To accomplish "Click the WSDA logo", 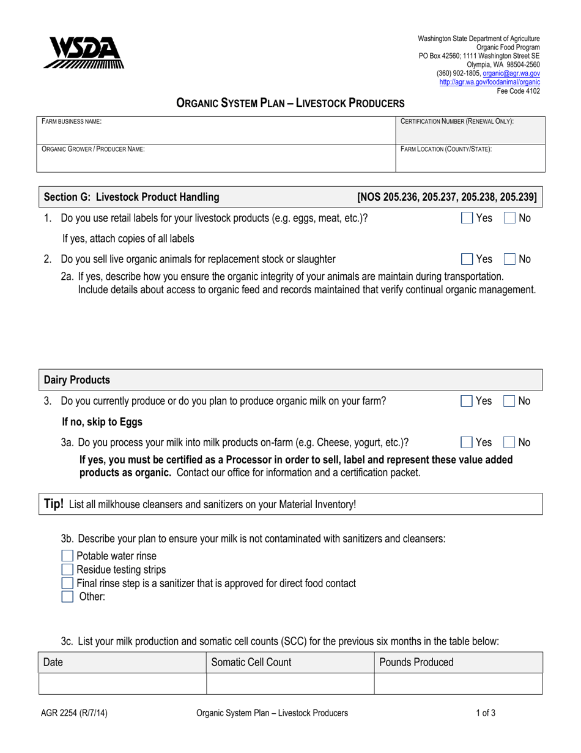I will pyautogui.click(x=83, y=53).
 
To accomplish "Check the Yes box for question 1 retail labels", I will pyautogui.click(x=467, y=218).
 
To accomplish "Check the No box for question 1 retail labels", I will pyautogui.click(x=509, y=218).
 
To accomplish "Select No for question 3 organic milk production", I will pyautogui.click(x=509, y=402).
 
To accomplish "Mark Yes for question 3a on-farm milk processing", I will pyautogui.click(x=467, y=443).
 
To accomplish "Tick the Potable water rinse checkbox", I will pyautogui.click(x=67, y=556).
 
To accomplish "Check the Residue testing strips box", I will pyautogui.click(x=67, y=570).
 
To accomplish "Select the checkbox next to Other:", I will pyautogui.click(x=67, y=597).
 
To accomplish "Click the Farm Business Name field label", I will pyautogui.click(x=71, y=122).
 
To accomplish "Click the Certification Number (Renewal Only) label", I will pyautogui.click(x=456, y=122).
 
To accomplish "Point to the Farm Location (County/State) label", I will pyautogui.click(x=446, y=149).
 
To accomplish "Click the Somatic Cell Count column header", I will pyautogui.click(x=251, y=662).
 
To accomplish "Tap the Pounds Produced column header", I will pyautogui.click(x=416, y=662).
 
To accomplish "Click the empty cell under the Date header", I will pyautogui.click(x=122, y=684).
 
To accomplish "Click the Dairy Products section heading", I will pyautogui.click(x=77, y=380).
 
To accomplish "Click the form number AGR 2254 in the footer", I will pyautogui.click(x=75, y=713).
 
